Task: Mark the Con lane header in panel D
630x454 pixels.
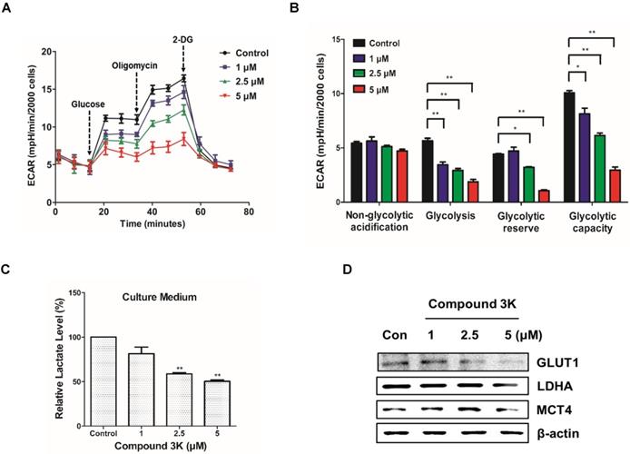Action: tap(394, 331)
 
